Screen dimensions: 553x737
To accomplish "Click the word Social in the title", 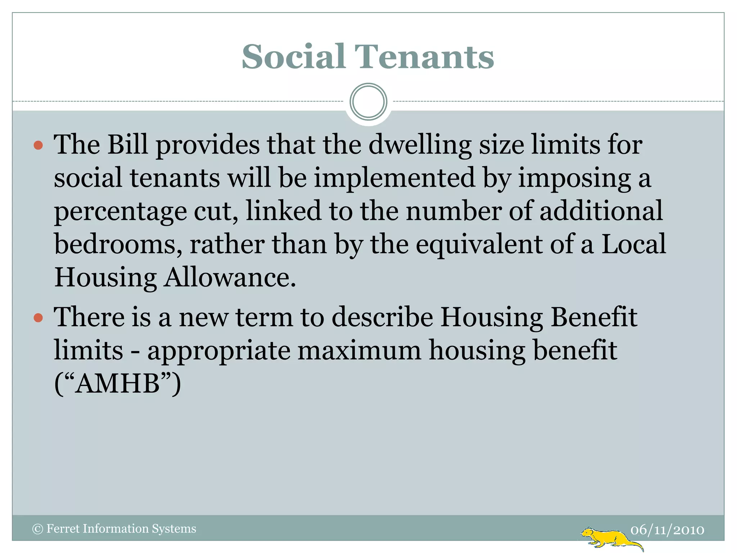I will pyautogui.click(x=293, y=57).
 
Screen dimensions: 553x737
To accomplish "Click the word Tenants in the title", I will pyautogui.click(x=425, y=57).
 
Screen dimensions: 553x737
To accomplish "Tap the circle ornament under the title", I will pyautogui.click(x=368, y=102).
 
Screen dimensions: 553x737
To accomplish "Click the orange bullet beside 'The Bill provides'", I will pyautogui.click(x=38, y=145).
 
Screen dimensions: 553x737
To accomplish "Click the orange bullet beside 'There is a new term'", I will pyautogui.click(x=38, y=318).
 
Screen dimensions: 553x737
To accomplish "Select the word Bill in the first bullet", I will pyautogui.click(x=128, y=145).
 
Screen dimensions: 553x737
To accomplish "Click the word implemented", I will pyautogui.click(x=394, y=178).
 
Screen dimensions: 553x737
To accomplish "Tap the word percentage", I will pyautogui.click(x=120, y=212).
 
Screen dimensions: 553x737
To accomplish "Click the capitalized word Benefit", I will pyautogui.click(x=594, y=317).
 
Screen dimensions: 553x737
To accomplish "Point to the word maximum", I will pyautogui.click(x=360, y=351).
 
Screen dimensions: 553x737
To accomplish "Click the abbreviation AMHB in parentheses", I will pyautogui.click(x=118, y=384).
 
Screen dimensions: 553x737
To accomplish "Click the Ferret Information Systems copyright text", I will pyautogui.click(x=114, y=529).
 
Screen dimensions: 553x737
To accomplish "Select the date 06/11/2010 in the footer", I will pyautogui.click(x=667, y=530).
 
